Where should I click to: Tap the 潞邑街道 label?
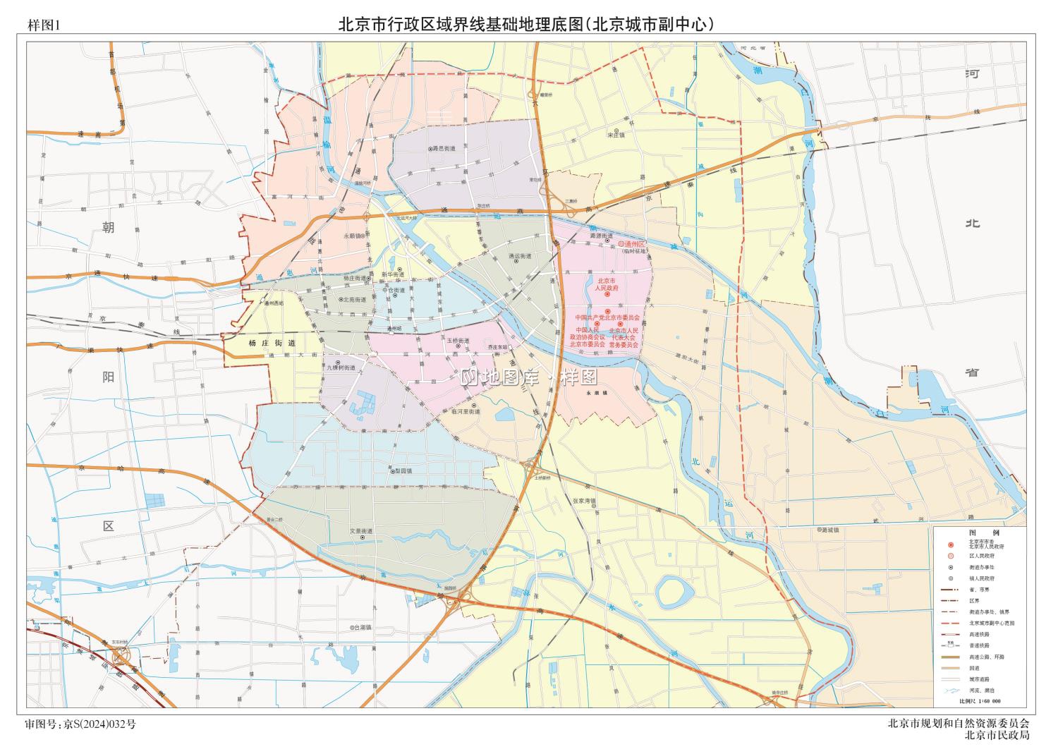point(444,149)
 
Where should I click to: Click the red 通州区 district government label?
point(633,243)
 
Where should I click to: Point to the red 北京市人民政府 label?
point(606,284)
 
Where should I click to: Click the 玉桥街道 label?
point(458,341)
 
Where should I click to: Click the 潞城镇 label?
point(827,530)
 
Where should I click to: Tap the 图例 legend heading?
point(983,533)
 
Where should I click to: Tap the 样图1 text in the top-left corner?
point(45,25)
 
